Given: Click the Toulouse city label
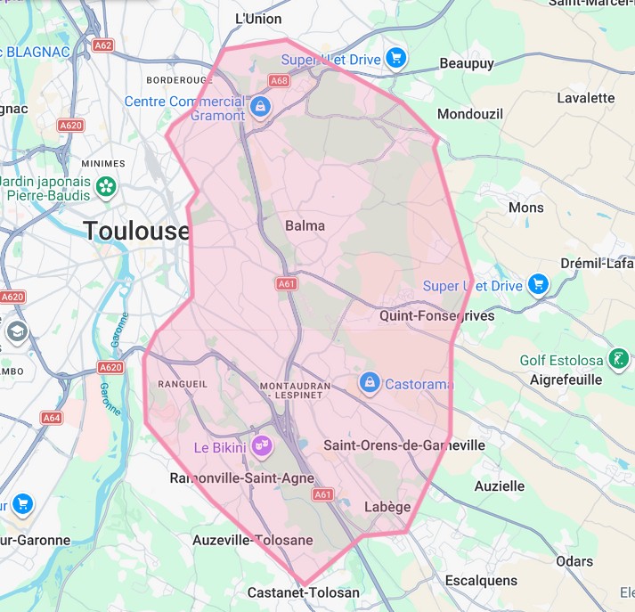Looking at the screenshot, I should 137,232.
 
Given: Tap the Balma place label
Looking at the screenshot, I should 305,225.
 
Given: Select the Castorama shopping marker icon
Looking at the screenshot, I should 369,382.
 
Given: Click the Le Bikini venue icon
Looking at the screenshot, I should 261,446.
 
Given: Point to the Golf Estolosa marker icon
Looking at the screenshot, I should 616,361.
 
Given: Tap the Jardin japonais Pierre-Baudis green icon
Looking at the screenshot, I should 107,187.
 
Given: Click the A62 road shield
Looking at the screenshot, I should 102,43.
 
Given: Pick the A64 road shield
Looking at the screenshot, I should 53,417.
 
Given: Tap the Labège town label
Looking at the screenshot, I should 388,507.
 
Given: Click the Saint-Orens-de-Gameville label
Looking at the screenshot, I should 404,445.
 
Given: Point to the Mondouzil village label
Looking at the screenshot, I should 470,114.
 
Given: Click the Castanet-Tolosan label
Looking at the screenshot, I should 304,592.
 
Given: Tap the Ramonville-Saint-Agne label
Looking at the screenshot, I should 242,478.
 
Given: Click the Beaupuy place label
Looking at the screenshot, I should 466,64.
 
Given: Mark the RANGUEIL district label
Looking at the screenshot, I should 182,384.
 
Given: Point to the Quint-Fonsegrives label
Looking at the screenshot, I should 436,315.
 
